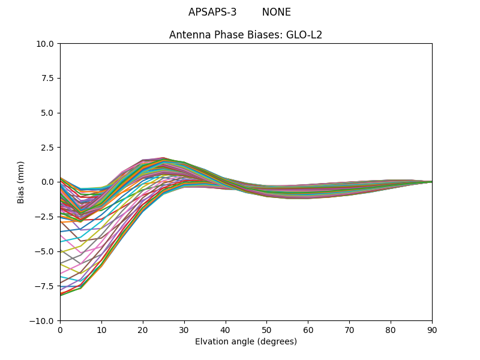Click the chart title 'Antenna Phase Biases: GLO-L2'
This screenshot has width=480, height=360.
click(245, 35)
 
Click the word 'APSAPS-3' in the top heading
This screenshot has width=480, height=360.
click(212, 12)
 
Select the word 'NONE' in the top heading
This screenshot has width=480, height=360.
click(276, 12)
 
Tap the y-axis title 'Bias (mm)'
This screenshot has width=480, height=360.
click(21, 182)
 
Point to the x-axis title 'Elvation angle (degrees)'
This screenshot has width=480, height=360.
click(245, 342)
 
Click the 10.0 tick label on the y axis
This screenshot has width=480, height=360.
click(45, 43)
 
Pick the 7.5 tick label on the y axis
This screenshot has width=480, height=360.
click(47, 78)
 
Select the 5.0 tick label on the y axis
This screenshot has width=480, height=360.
click(47, 113)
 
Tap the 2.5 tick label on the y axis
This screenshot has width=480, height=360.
click(47, 147)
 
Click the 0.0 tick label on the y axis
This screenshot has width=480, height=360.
click(47, 182)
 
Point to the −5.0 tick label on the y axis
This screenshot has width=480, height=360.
click(45, 251)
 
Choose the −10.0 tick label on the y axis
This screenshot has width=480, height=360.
click(43, 320)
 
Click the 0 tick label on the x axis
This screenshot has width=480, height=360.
click(60, 329)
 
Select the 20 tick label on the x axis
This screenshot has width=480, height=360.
click(143, 329)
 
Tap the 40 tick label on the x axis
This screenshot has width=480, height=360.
click(225, 329)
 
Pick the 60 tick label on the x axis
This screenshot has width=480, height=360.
click(308, 329)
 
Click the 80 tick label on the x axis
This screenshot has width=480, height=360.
click(391, 329)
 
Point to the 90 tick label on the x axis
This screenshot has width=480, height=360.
click(432, 329)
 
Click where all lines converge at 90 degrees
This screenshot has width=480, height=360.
click(431, 182)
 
